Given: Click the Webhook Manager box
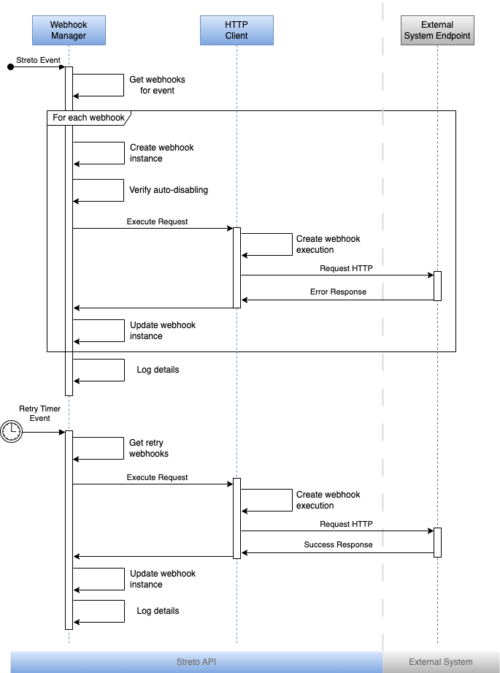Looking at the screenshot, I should click(69, 30).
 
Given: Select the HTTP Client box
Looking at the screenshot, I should click(236, 30).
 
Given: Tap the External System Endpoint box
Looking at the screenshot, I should click(437, 30).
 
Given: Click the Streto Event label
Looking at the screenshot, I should click(39, 60).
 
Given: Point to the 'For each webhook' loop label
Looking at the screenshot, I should click(88, 118).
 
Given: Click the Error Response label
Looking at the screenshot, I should click(338, 292).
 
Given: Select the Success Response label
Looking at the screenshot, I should click(338, 544).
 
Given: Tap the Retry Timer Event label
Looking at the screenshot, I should click(40, 413).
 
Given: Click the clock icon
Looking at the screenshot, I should click(11, 432).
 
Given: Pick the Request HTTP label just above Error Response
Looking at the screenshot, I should click(346, 268).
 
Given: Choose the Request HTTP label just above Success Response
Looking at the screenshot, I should click(346, 524).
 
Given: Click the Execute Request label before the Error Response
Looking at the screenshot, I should click(157, 221).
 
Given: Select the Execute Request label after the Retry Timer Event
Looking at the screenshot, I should click(157, 477).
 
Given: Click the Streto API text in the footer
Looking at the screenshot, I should click(196, 662).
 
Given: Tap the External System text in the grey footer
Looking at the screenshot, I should click(441, 662).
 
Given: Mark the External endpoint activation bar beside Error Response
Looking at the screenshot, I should click(437, 286).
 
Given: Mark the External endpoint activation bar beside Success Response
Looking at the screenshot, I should click(437, 542).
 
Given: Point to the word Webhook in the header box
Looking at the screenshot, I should click(69, 25).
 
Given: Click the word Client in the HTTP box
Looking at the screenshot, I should click(236, 36).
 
